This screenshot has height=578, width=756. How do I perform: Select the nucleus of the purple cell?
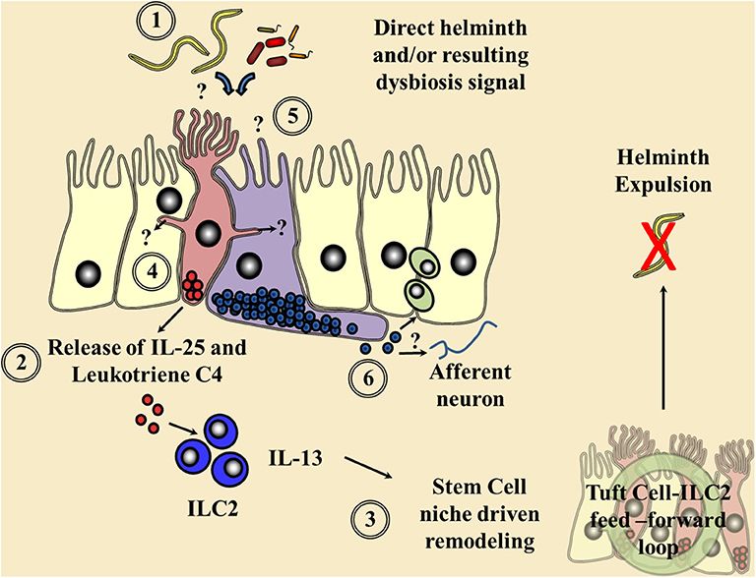(251, 263)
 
